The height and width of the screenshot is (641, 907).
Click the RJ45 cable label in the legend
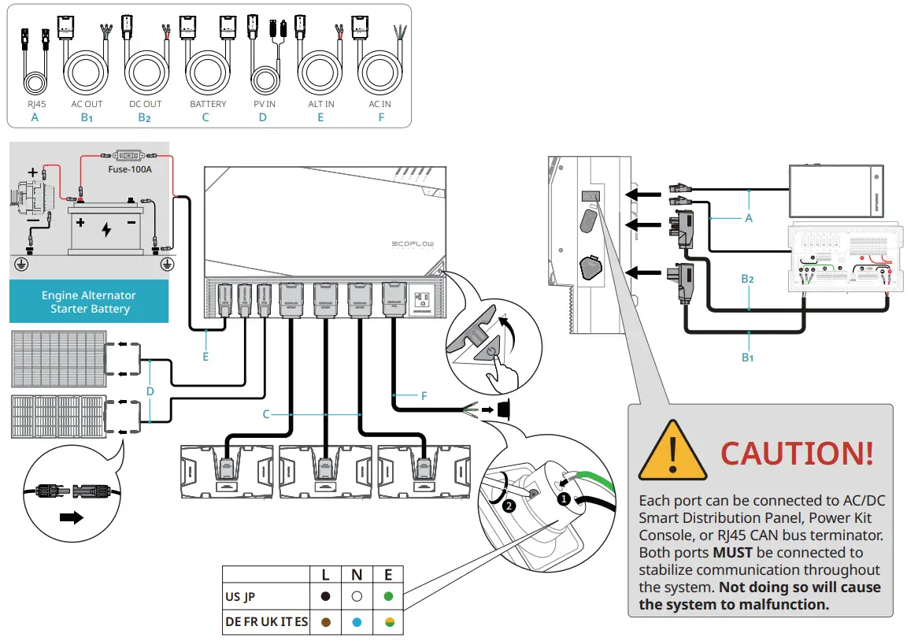[x=33, y=104]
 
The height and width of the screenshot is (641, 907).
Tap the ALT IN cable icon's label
[x=320, y=104]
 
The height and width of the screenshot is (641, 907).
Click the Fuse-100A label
[x=129, y=169]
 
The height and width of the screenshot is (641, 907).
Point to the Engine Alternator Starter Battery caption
[x=89, y=302]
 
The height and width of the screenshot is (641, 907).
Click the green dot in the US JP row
[x=388, y=597]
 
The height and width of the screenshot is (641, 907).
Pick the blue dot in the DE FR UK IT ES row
[x=357, y=622]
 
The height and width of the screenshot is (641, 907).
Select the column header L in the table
[x=326, y=575]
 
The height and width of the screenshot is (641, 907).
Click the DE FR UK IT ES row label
[x=266, y=622]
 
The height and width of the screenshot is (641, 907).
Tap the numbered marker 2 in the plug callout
[x=509, y=506]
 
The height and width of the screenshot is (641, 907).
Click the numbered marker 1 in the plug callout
[x=564, y=498]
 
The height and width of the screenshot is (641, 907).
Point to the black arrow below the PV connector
[x=72, y=518]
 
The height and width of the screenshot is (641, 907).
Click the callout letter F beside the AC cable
[x=424, y=396]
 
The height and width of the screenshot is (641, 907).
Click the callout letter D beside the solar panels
[x=150, y=391]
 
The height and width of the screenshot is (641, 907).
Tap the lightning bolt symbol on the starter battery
[x=107, y=229]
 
